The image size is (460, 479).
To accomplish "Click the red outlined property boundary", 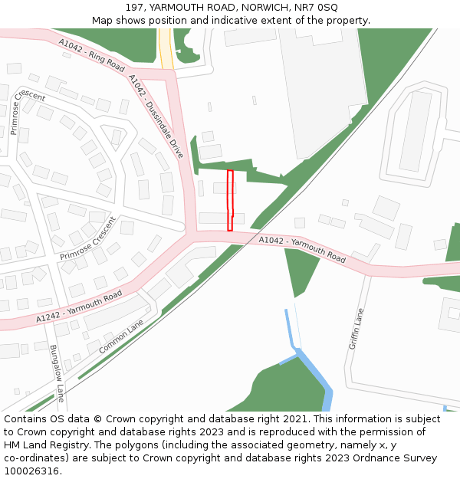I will pos(230,200).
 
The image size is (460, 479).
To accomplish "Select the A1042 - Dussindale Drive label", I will pos(156,116).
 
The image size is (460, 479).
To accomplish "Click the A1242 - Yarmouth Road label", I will pos(79,307).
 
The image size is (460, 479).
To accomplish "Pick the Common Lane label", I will pos(121,337).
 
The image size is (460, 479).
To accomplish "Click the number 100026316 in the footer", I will pos(31,471).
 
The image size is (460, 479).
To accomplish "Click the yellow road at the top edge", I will pos(166,48).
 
